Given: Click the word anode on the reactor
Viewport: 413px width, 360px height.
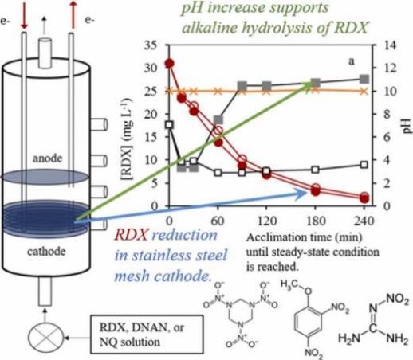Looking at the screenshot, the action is point(47,158).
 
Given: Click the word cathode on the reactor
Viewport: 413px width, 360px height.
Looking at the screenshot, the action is point(46,251).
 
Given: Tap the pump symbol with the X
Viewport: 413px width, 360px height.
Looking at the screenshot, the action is point(46,338).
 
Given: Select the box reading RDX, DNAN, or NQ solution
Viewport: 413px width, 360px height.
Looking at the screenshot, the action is point(147,335).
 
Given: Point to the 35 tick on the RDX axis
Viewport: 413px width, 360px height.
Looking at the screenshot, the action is point(151,45).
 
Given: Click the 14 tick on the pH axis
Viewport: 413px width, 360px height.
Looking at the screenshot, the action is point(389,45).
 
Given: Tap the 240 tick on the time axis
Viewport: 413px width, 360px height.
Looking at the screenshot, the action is point(364,221).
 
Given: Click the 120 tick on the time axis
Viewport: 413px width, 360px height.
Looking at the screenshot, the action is point(266,221).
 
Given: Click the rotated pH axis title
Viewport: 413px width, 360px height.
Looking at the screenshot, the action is point(407,125).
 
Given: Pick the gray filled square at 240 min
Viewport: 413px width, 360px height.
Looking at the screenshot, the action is point(364,79).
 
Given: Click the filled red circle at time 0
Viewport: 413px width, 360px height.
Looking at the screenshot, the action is point(170,64).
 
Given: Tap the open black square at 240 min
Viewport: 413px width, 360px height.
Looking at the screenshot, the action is point(364,165).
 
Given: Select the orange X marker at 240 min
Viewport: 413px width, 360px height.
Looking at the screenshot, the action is point(364,92).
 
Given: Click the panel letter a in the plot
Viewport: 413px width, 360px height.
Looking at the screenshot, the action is point(352,61).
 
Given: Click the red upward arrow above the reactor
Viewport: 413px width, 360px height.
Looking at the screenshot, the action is point(73,15).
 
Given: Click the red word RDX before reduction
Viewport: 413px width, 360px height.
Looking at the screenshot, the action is point(131,235).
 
